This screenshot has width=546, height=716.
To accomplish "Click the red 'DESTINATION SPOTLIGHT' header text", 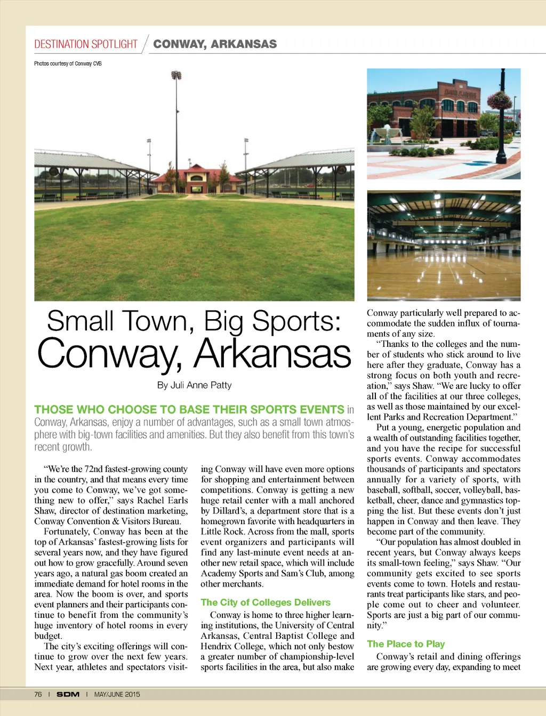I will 86,44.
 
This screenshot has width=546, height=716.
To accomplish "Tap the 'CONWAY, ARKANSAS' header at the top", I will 215,44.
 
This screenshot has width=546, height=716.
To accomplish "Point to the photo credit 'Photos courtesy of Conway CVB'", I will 68,63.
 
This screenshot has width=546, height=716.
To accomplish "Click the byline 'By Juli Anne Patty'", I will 194,385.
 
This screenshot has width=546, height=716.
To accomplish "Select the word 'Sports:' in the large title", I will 296,321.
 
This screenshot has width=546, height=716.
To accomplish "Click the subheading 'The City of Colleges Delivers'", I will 266,602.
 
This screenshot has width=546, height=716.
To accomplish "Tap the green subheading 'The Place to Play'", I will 406,644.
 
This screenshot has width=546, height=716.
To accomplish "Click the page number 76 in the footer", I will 38,694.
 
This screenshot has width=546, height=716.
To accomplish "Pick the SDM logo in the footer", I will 68,694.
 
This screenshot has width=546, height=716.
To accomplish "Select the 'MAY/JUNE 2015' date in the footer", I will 117,694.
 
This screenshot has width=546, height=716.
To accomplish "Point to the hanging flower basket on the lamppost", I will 500,100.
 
